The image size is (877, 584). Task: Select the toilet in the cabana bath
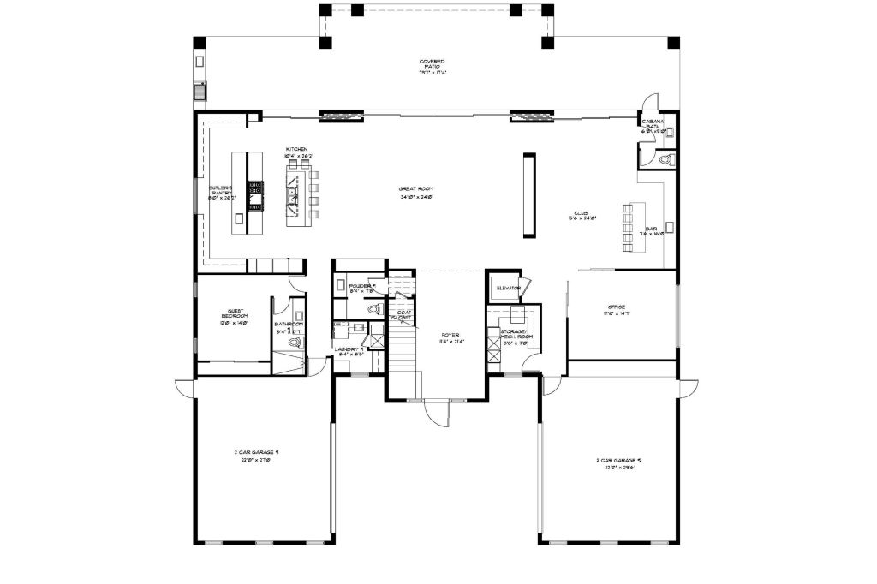668,159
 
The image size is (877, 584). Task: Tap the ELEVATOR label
508,288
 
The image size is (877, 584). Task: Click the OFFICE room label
617,309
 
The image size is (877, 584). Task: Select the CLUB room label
585,215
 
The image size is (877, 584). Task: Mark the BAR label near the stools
651,230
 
